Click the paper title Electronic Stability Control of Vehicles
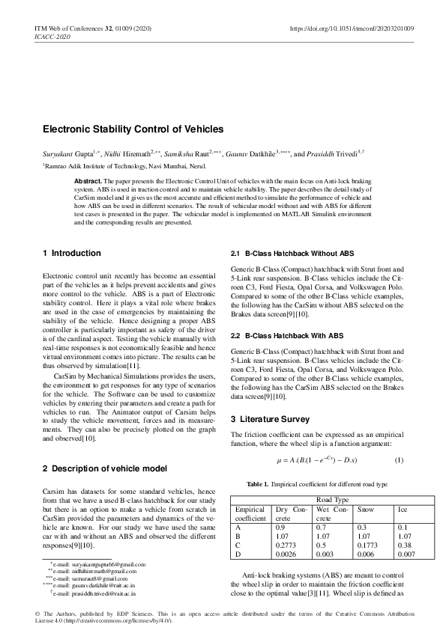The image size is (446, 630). pos(133,129)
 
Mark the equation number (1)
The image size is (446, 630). pos(399,459)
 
